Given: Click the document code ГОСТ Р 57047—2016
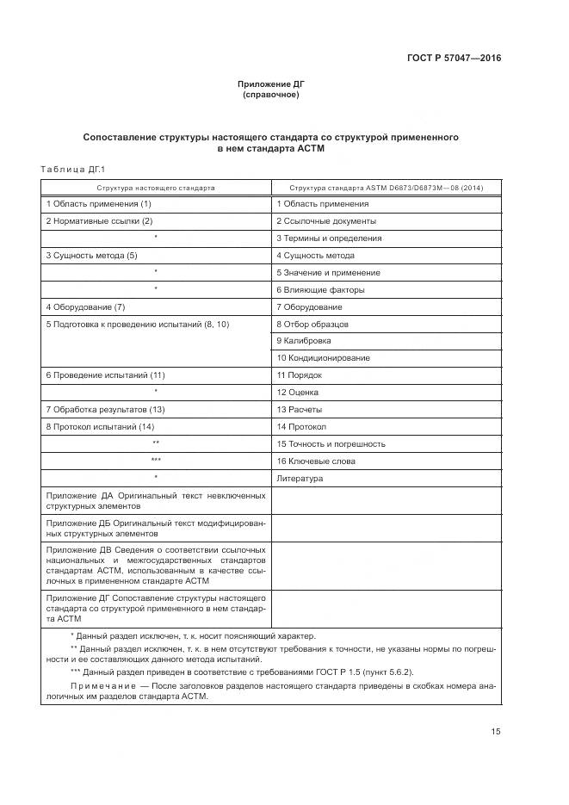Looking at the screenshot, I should click(454, 59).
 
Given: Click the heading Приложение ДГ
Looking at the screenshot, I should click(271, 84).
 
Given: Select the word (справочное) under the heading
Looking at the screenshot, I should click(271, 95).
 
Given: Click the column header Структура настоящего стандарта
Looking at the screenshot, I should click(156, 187).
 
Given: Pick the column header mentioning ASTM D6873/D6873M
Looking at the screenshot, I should click(387, 187).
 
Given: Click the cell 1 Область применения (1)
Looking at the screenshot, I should click(99, 204).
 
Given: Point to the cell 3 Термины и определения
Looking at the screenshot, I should click(329, 238).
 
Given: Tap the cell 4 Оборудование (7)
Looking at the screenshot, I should click(86, 307).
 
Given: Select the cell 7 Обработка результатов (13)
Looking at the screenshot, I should click(105, 409).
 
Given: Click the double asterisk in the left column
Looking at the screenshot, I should click(156, 443).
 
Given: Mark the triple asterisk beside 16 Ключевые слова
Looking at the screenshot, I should click(156, 461).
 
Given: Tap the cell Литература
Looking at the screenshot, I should click(300, 478).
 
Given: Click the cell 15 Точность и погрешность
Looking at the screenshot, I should click(331, 443).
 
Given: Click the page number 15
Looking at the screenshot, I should click(496, 732).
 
